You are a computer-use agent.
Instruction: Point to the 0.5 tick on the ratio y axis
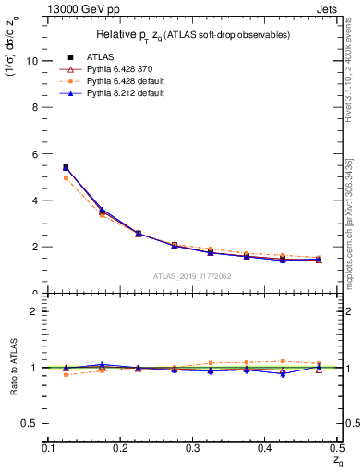33,423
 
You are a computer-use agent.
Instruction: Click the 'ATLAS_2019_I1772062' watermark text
192,276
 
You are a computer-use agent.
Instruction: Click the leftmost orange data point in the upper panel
66,177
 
